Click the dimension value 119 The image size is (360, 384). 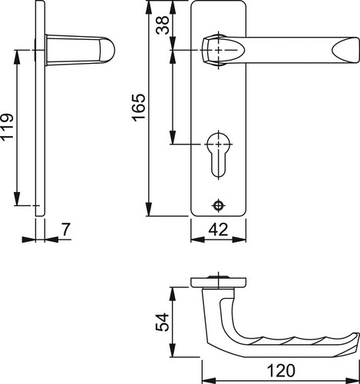pyautogui.click(x=7, y=127)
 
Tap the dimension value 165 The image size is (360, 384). pyautogui.click(x=138, y=108)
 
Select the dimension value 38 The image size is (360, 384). pyautogui.click(x=163, y=25)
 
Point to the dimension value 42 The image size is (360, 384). pyautogui.click(x=218, y=230)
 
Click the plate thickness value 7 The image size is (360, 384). pyautogui.click(x=66, y=230)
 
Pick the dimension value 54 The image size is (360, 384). pyautogui.click(x=163, y=322)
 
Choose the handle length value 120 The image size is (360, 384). pyautogui.click(x=281, y=370)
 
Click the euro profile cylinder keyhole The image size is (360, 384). pyautogui.click(x=219, y=153)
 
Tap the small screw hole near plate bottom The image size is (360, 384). pyautogui.click(x=218, y=205)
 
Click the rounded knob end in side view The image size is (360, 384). pyautogui.click(x=107, y=50)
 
